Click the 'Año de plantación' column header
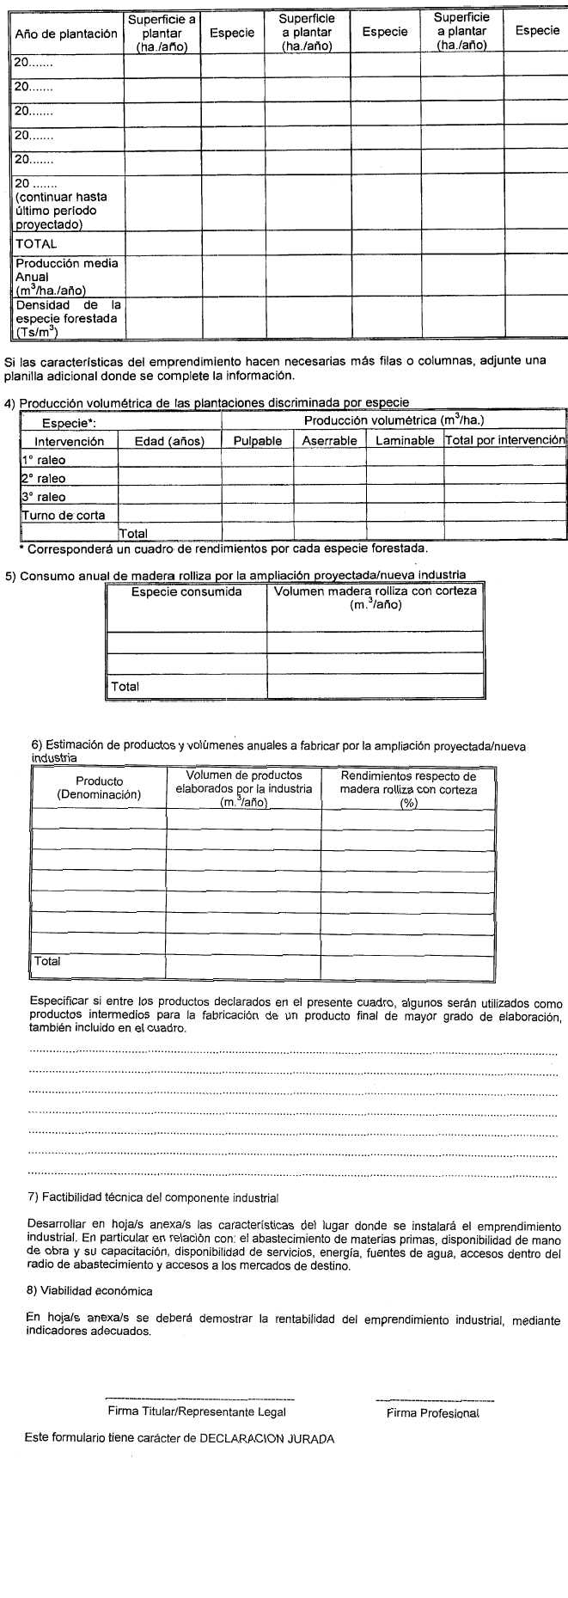tap(66, 34)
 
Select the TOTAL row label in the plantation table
tap(36, 243)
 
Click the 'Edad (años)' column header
tap(169, 441)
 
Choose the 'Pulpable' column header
tap(258, 441)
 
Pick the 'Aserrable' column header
tap(329, 441)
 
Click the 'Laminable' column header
tap(405, 441)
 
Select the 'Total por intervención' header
tap(505, 440)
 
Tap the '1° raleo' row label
tap(44, 460)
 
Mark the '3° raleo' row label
tap(44, 497)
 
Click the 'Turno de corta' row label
tap(64, 515)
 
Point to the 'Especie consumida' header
tap(186, 591)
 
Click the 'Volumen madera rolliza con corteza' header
tap(376, 597)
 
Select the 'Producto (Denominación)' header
tap(99, 788)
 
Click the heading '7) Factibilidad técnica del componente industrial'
tap(154, 1197)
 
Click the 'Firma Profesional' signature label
tap(432, 1413)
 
